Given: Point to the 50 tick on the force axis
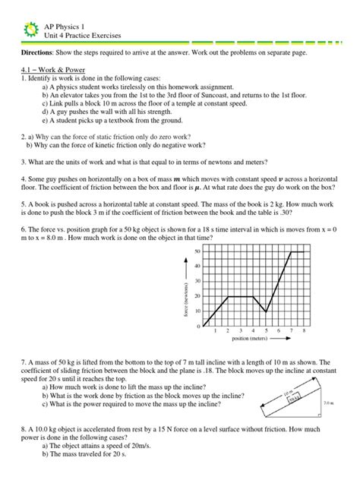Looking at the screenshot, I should click(x=197, y=251).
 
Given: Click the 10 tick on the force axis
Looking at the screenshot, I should click(x=197, y=311).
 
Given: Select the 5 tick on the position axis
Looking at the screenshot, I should click(x=266, y=332).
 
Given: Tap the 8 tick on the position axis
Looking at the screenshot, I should click(x=304, y=332).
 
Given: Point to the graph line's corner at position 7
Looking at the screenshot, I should click(x=292, y=251).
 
